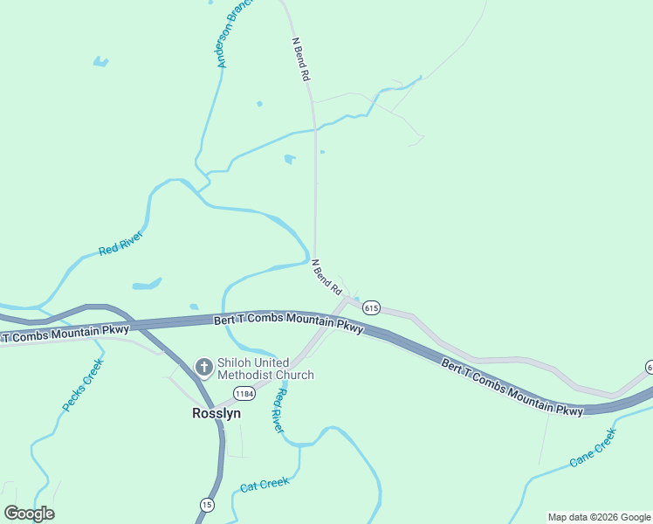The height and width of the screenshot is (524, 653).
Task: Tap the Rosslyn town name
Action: [217, 414]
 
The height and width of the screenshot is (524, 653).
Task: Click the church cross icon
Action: [203, 368]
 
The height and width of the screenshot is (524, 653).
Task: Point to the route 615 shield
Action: [372, 307]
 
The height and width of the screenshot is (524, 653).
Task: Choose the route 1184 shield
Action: [244, 395]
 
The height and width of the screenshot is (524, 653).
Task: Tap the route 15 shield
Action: [207, 505]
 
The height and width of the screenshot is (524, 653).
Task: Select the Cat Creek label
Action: [265, 484]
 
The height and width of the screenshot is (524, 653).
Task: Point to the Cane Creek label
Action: [593, 446]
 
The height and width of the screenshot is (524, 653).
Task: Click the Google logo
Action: [30, 513]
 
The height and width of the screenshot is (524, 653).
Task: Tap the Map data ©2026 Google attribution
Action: [599, 517]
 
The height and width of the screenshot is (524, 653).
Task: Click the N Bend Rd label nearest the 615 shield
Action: [327, 276]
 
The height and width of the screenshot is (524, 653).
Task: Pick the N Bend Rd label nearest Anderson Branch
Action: [301, 59]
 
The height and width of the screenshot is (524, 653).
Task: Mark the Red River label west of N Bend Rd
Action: [120, 244]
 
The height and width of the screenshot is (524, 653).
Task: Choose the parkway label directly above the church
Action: [288, 323]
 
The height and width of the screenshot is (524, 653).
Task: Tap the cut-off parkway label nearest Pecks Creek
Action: [65, 333]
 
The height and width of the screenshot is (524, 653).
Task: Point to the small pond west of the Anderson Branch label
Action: [101, 62]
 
